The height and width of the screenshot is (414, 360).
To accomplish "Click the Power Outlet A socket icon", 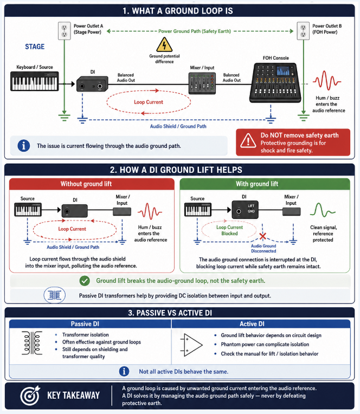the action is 64,31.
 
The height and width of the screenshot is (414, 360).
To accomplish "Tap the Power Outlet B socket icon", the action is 303,31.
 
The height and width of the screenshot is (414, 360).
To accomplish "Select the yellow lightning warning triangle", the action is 164,44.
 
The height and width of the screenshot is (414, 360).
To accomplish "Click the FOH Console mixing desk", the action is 275,82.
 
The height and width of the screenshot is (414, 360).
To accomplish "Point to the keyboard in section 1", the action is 34,81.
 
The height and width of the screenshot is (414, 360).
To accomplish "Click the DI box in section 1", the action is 92,84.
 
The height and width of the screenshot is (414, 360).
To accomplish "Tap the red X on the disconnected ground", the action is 262,236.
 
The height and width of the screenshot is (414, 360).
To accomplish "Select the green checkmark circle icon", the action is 85,281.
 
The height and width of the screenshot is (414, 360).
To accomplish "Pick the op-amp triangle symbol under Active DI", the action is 191,345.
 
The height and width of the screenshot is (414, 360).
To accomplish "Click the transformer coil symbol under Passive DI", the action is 32,342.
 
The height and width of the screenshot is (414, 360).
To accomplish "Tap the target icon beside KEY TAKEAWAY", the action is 30,396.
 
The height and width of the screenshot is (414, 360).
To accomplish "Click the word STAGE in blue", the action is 35,47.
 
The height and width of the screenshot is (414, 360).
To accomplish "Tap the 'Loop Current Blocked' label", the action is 229,230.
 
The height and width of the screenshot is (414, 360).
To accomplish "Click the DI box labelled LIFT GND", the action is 245,209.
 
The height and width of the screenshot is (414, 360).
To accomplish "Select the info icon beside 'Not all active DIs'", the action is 124,371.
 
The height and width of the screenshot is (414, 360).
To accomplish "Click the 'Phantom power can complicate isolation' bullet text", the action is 265,344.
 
